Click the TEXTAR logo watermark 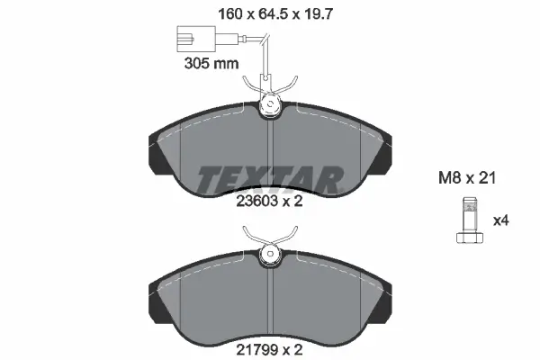pyautogui.click(x=269, y=176)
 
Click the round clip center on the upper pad pyautogui.click(x=269, y=109)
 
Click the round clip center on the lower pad pyautogui.click(x=269, y=254)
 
